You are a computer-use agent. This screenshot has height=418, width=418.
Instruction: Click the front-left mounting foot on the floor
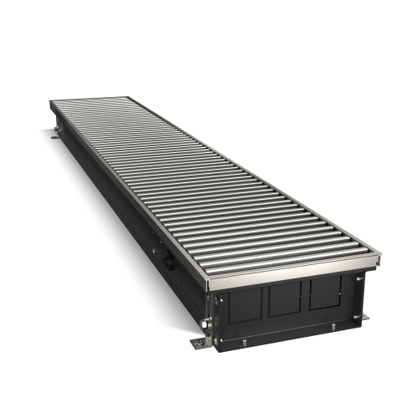coord(198,343)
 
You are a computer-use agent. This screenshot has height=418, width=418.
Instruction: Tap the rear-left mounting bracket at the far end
coord(54,133)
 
